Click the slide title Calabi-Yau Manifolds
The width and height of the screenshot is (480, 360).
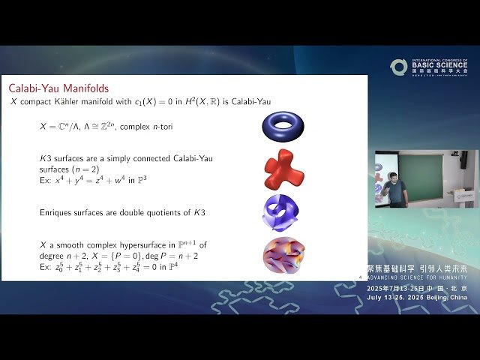pyautogui.click(x=59, y=87)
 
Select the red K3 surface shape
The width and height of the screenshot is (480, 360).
pyautogui.click(x=283, y=169)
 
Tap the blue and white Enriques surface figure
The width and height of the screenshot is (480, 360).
pyautogui.click(x=280, y=212)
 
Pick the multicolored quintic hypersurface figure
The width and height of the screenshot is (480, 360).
pyautogui.click(x=283, y=254)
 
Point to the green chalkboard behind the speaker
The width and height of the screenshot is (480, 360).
pyautogui.click(x=419, y=176)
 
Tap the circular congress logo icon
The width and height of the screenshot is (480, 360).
pyautogui.click(x=398, y=67)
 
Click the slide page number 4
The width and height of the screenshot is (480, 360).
pyautogui.click(x=361, y=277)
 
